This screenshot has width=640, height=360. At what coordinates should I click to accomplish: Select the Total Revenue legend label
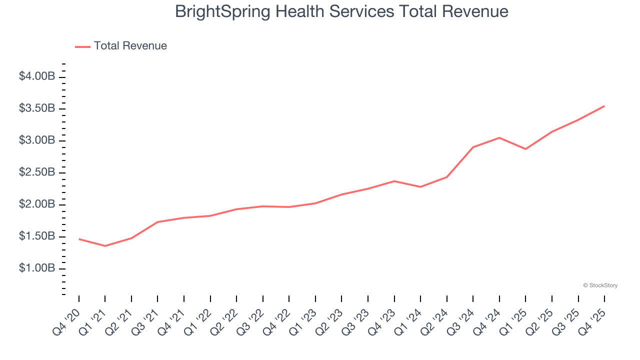(x=130, y=46)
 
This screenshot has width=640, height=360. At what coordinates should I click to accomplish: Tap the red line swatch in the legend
(x=82, y=46)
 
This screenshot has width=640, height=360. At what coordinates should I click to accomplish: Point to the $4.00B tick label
(x=37, y=76)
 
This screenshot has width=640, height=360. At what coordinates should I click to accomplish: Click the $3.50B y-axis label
(x=37, y=108)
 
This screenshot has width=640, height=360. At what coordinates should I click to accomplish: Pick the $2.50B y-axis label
(x=37, y=172)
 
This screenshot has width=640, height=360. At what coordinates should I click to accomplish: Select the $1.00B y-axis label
(x=37, y=268)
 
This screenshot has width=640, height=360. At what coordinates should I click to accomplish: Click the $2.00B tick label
(x=37, y=204)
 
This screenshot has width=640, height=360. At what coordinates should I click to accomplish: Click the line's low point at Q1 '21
(x=105, y=246)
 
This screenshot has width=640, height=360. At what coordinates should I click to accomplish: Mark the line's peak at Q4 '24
(x=499, y=137)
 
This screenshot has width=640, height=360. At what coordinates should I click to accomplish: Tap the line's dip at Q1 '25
(x=525, y=149)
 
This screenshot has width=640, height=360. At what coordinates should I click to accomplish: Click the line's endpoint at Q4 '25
(x=604, y=106)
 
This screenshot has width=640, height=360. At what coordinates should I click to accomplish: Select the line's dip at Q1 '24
(x=420, y=187)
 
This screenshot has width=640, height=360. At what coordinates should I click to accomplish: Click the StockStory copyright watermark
(x=600, y=285)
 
